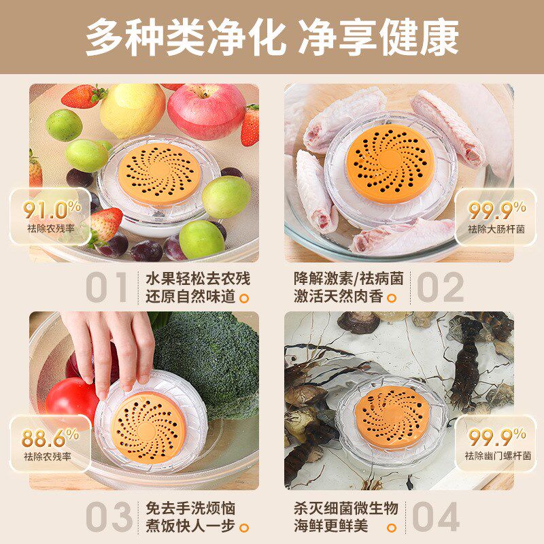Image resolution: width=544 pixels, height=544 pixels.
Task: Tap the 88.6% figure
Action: pos(50,437)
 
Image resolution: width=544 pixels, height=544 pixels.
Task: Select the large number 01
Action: pos(107,288)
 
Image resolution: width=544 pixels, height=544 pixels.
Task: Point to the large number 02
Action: pos(440,288)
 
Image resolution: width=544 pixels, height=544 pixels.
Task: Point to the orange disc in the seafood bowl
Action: pos(393,415)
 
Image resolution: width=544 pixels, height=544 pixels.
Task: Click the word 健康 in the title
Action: pos(418,35)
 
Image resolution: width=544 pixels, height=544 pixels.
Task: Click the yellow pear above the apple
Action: pos(133,109)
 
